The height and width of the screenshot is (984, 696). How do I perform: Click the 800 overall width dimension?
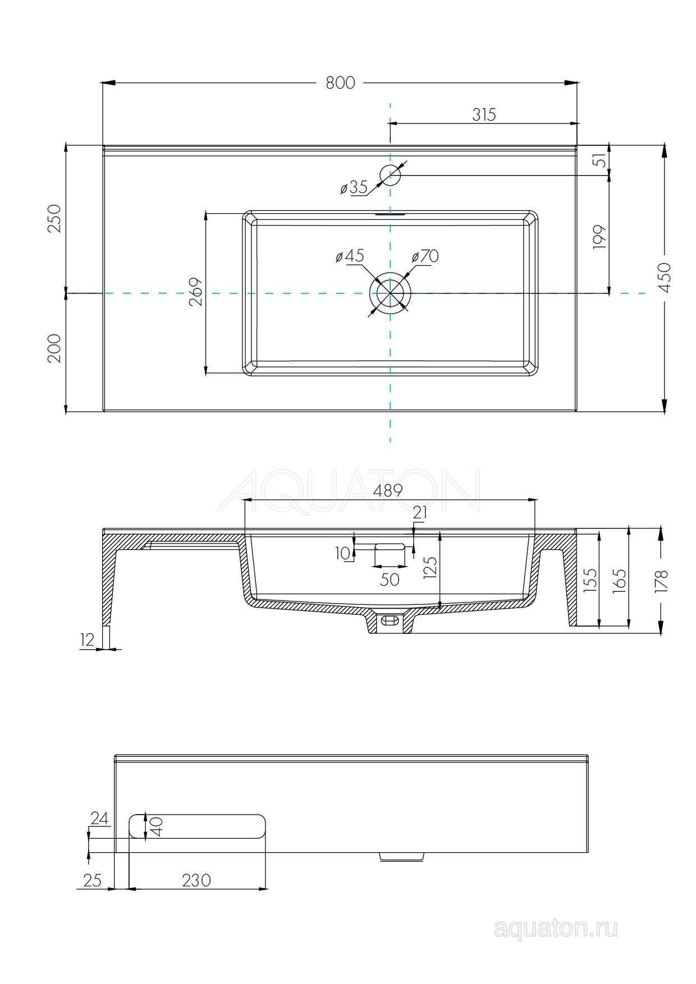pyautogui.click(x=341, y=82)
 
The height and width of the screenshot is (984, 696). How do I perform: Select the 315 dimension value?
pyautogui.click(x=484, y=114)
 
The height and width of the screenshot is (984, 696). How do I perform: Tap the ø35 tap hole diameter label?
pyautogui.click(x=354, y=187)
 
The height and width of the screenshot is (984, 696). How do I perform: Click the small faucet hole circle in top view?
pyautogui.click(x=390, y=176)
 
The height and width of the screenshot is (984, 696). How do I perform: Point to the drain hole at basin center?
pyautogui.click(x=390, y=293)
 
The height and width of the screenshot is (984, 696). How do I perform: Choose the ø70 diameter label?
pyautogui.click(x=425, y=256)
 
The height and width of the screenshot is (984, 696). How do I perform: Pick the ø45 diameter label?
pyautogui.click(x=350, y=256)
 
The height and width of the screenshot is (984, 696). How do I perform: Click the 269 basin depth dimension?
pyautogui.click(x=195, y=292)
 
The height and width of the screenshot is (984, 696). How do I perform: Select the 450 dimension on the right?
pyautogui.click(x=664, y=277)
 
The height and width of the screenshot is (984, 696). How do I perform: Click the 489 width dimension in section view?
pyautogui.click(x=388, y=490)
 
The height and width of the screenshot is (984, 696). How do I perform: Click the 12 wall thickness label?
pyautogui.click(x=88, y=640)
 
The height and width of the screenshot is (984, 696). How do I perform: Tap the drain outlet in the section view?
pyautogui.click(x=390, y=621)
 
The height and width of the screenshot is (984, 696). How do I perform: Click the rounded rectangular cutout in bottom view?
pyautogui.click(x=197, y=826)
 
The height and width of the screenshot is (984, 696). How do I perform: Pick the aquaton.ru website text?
pyautogui.click(x=556, y=929)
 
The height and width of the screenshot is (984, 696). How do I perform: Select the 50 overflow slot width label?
pyautogui.click(x=390, y=579)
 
